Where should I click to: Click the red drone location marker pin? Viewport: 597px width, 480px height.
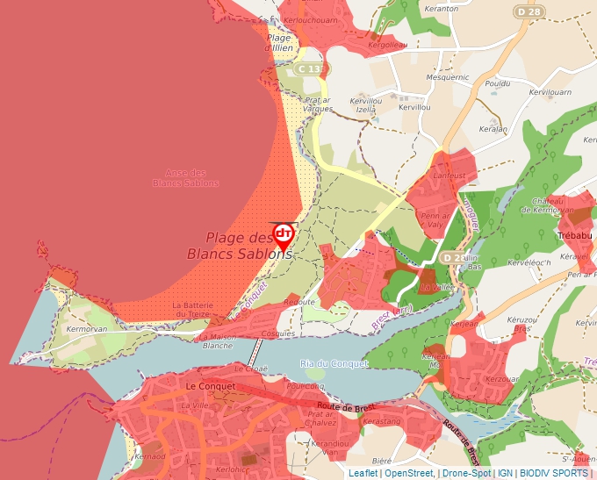coord(284,234)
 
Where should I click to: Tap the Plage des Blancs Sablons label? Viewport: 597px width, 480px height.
coord(238,246)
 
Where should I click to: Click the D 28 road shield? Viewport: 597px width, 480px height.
coord(529,11)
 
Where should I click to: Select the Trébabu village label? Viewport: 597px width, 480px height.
coord(577,235)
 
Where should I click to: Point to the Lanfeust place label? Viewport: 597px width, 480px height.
coord(450,176)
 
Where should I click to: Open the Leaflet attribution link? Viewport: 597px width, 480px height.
coord(363,473)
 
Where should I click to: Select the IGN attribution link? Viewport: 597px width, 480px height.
coord(505,473)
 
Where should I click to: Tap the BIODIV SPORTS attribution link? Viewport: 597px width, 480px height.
coord(554,473)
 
